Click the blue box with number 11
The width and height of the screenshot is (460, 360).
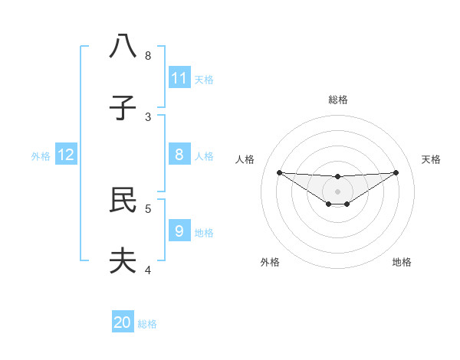(x=179, y=77)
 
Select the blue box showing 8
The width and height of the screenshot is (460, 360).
(x=179, y=155)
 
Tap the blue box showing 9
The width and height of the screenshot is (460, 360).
(x=179, y=231)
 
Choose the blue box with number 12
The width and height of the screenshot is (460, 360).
(x=66, y=155)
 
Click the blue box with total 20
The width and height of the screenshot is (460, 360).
(x=123, y=322)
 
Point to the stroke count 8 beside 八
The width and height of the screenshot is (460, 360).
(x=148, y=55)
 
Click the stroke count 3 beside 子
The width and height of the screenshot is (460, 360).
(x=148, y=116)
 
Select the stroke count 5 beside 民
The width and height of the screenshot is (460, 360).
(x=148, y=208)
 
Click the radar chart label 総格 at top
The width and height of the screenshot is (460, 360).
(x=337, y=100)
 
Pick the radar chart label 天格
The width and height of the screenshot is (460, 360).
(x=431, y=159)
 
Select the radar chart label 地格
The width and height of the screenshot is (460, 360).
(x=402, y=262)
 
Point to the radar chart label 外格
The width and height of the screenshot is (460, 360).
(x=270, y=262)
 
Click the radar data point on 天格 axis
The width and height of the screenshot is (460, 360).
(x=396, y=172)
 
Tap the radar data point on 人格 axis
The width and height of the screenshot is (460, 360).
(x=279, y=172)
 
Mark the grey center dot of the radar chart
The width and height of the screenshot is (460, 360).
(x=337, y=191)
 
